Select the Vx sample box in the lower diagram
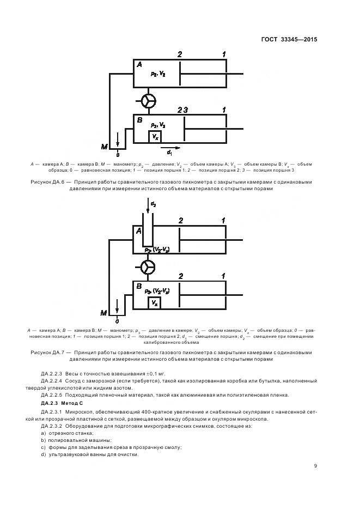click(x=155, y=302)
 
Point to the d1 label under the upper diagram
click(x=169, y=152)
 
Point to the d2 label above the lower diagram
click(x=154, y=204)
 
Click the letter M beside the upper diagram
click(x=104, y=147)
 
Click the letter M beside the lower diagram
click(x=104, y=313)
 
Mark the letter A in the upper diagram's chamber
click(x=139, y=64)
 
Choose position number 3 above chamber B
click(x=186, y=110)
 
